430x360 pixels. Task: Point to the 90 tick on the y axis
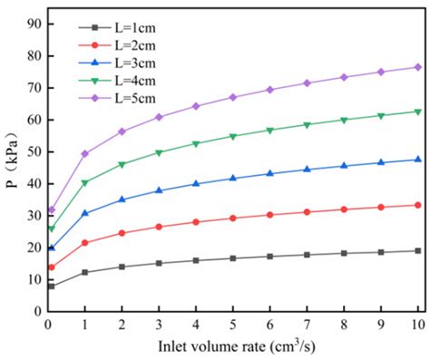(x=34, y=24)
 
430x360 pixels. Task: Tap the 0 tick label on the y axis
(x=37, y=311)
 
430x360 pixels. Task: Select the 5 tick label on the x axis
(x=233, y=324)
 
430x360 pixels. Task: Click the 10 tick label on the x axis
(x=417, y=324)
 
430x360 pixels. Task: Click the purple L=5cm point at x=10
(x=417, y=67)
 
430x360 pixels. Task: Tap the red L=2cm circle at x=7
(x=307, y=211)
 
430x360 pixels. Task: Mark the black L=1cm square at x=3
(x=159, y=263)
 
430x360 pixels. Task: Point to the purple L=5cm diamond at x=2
(x=122, y=131)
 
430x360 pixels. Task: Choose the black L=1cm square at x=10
(x=417, y=250)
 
